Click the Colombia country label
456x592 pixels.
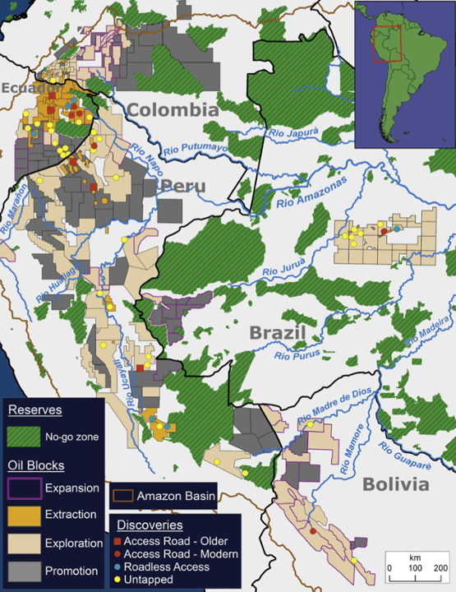[173, 110]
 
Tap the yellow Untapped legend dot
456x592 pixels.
[117, 580]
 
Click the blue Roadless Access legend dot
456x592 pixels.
[117, 567]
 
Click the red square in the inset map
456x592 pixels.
[386, 43]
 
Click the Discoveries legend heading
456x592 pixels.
[150, 525]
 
